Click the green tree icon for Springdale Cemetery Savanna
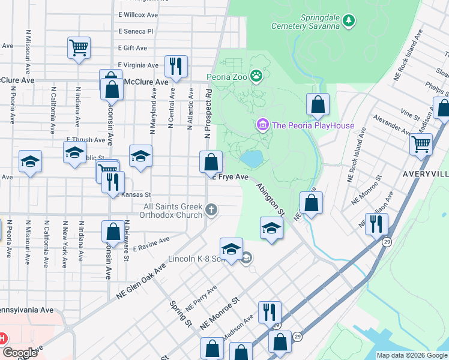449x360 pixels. point(349,22)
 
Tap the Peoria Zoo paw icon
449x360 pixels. point(257,76)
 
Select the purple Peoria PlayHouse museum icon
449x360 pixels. point(262,125)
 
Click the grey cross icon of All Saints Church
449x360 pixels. point(211,209)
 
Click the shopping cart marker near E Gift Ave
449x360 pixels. point(79,48)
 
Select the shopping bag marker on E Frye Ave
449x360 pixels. point(211,162)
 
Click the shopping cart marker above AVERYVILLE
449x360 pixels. point(421,144)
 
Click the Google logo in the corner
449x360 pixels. point(19,353)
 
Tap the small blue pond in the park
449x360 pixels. point(252,159)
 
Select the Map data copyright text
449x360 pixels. point(411,355)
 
